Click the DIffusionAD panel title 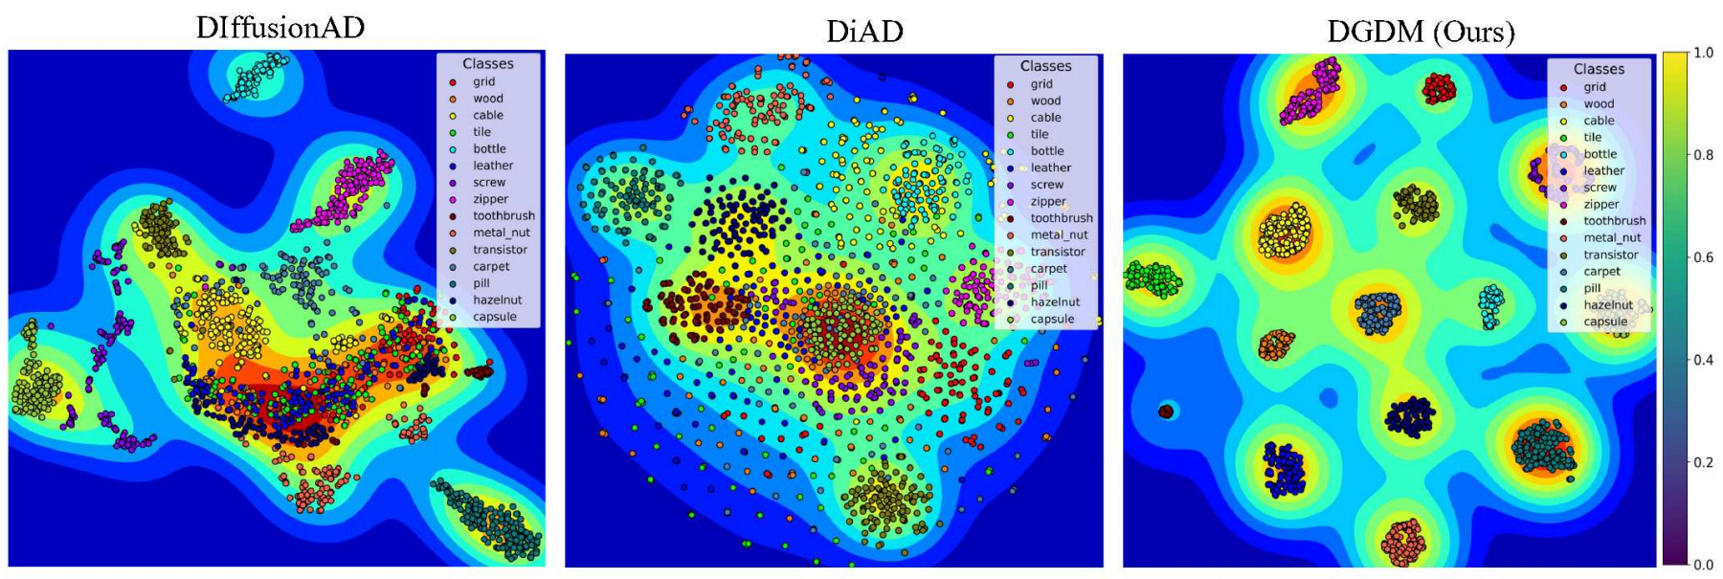pos(280,27)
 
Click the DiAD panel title pos(864,32)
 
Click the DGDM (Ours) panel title pos(1421,32)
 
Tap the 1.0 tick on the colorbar pos(1703,54)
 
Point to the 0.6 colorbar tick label pos(1703,257)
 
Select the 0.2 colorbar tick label pos(1703,462)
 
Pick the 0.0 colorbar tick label pos(1703,565)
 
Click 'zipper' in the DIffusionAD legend pos(490,199)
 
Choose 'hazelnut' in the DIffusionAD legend pos(497,300)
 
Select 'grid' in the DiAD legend pos(1041,84)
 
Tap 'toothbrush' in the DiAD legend pos(1061,218)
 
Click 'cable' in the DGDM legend pos(1599,121)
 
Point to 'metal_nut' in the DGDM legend pos(1612,237)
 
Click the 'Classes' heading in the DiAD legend pos(1045,66)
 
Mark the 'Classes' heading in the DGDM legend pos(1599,69)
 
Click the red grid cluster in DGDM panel pos(1438,89)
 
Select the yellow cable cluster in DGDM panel pos(1285,233)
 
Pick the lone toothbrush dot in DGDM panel pos(1166,412)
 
